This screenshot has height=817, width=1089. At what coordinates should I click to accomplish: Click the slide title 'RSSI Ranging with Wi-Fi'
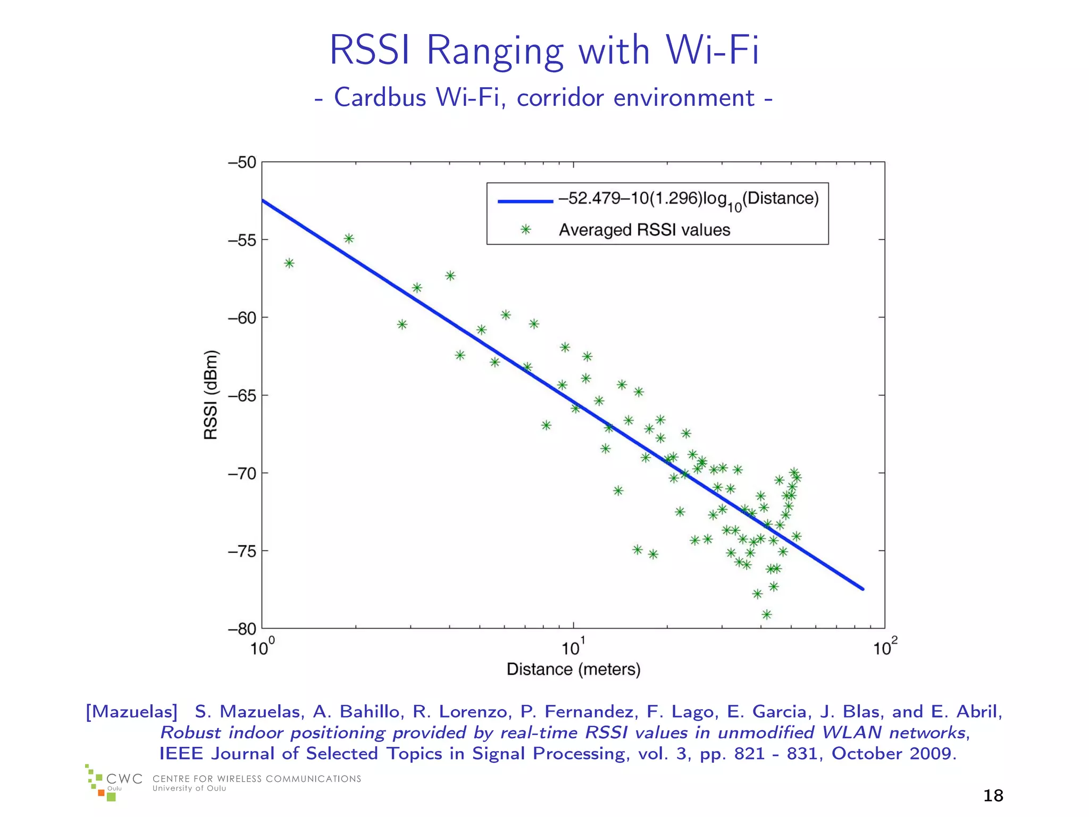544,51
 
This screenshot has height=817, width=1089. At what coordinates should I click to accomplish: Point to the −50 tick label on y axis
242,162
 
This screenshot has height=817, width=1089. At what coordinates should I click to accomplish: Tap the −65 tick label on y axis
242,396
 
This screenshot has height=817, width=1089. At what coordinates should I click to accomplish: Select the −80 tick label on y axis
242,629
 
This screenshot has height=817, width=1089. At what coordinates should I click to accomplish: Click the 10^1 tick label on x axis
573,647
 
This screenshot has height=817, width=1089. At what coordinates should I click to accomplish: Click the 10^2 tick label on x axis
885,647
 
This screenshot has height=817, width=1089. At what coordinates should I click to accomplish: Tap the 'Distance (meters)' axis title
573,669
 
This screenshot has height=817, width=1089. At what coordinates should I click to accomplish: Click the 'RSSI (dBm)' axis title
211,395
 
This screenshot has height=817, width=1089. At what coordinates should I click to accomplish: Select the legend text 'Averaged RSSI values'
644,230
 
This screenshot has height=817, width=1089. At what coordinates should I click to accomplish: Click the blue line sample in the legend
525,201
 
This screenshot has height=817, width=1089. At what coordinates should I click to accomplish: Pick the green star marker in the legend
525,230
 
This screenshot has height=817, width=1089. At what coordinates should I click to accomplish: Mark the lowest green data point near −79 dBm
766,614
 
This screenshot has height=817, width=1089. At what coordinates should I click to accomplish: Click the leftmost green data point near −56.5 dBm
289,263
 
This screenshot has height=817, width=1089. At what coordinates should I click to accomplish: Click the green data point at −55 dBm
349,238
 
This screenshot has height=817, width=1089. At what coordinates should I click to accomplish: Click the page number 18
993,796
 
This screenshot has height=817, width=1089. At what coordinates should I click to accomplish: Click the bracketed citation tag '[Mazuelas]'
131,712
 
